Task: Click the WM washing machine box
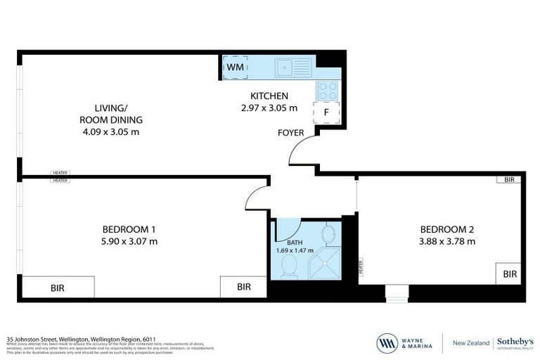234,67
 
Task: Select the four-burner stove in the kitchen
328,90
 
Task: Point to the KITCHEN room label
269,96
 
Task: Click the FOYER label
290,132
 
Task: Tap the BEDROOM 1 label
129,229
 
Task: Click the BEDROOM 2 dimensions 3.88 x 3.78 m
447,241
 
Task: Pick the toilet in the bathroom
288,265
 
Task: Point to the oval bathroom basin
328,232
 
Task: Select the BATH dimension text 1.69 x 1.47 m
295,250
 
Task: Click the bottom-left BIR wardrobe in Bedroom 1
58,287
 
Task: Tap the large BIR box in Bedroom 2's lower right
510,274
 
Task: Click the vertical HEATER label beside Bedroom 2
360,267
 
